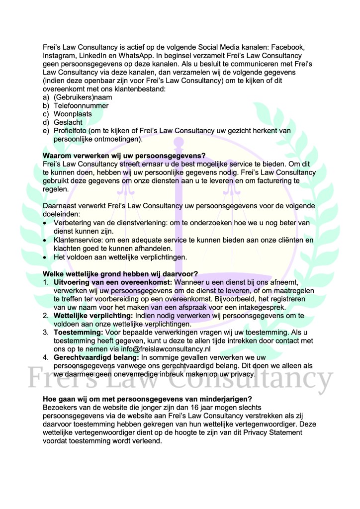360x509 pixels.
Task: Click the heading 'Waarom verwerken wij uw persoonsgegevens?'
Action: point(124,156)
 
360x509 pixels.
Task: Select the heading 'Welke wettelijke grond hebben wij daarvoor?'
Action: point(120,273)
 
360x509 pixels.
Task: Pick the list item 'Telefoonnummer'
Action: point(81,106)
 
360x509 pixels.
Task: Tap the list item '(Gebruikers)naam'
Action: point(83,97)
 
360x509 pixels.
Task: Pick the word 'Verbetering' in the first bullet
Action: point(74,223)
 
